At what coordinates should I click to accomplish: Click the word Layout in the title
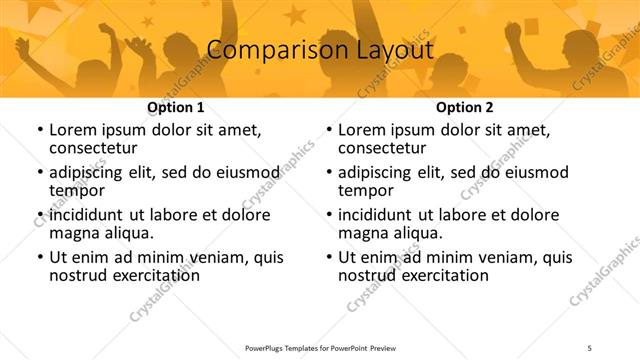390,49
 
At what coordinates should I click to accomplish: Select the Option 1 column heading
176,107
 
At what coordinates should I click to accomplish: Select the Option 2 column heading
465,107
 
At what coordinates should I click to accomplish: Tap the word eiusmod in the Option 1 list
241,172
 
